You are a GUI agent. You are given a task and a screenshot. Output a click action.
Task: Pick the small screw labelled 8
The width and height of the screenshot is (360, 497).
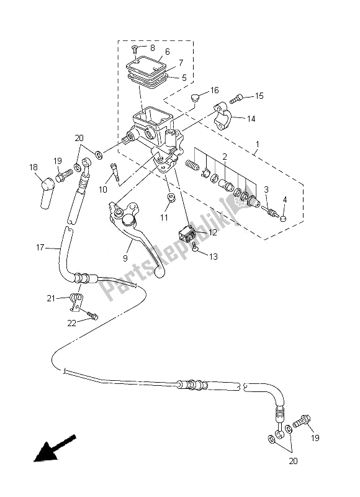(x=134, y=48)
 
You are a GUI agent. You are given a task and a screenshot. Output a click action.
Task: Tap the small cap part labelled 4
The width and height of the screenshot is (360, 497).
(x=283, y=217)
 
